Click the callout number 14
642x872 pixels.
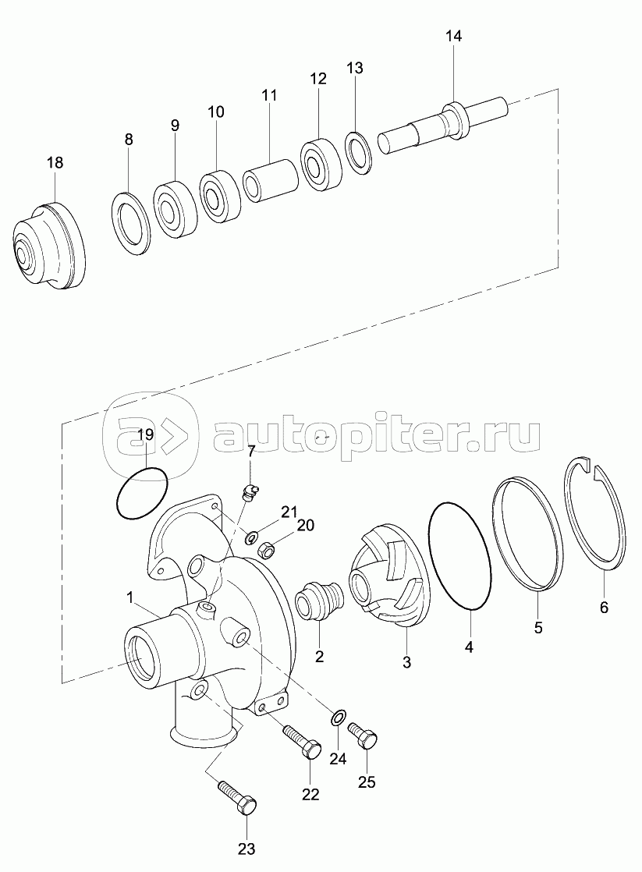coord(453,36)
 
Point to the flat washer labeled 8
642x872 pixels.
coord(132,223)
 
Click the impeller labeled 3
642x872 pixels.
coord(388,577)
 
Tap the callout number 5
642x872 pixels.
coord(538,626)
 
